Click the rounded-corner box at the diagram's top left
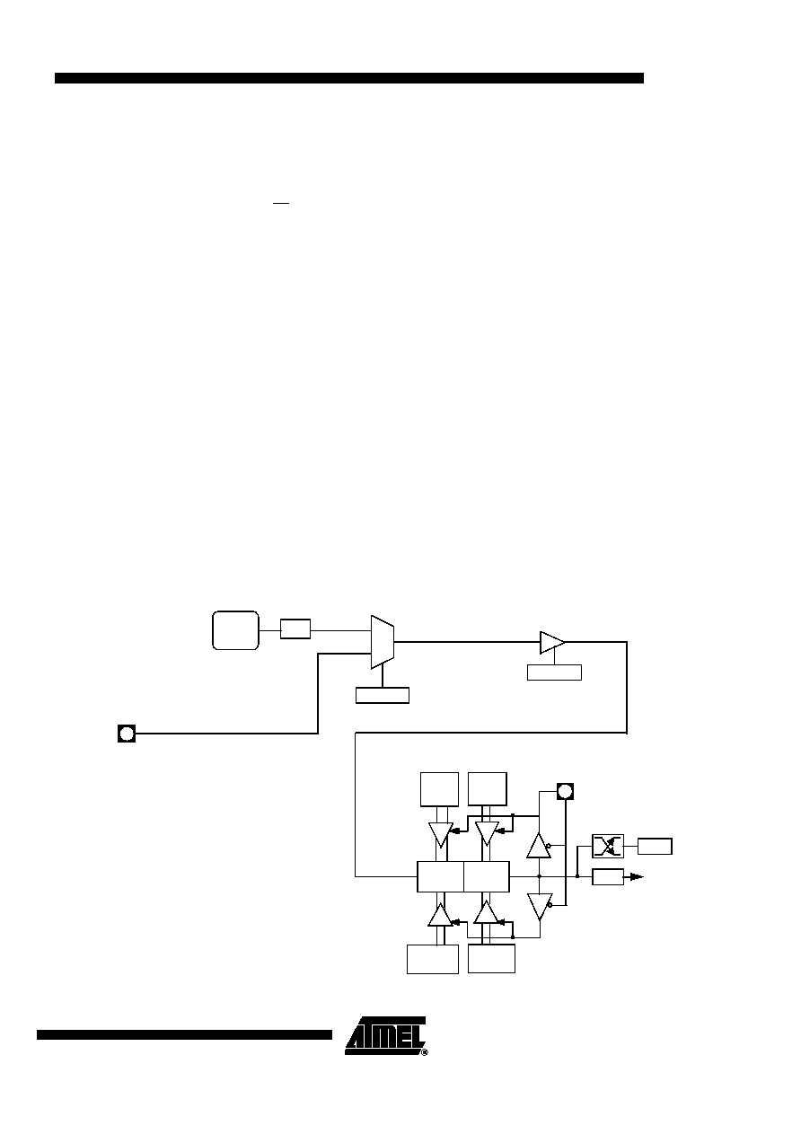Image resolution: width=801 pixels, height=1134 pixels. click(x=235, y=630)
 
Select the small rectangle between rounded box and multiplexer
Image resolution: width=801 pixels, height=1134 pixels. click(x=295, y=629)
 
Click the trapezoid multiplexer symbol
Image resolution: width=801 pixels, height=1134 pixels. click(x=383, y=642)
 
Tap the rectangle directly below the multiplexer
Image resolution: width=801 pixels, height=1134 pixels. click(x=383, y=696)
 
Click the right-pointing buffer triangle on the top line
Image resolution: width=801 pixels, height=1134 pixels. click(x=552, y=643)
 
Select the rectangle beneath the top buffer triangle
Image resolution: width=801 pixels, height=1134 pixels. click(x=554, y=672)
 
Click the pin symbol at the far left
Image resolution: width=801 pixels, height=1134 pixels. click(x=127, y=734)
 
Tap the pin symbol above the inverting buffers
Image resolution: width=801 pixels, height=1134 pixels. click(x=565, y=791)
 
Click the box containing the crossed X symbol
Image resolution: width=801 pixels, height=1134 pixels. click(x=608, y=847)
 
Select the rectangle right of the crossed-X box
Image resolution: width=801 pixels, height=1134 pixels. click(x=655, y=847)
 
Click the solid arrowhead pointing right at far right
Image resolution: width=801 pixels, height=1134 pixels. click(x=637, y=876)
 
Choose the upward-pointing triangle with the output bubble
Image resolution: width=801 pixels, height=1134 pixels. click(x=539, y=846)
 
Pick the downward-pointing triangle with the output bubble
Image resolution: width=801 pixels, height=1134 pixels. click(x=540, y=906)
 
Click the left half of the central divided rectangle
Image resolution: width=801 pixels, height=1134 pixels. click(x=441, y=877)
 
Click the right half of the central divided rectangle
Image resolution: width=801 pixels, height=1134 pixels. click(x=487, y=877)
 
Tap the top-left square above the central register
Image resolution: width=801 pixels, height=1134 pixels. click(x=439, y=789)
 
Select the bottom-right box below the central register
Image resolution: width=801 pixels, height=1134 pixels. click(x=491, y=958)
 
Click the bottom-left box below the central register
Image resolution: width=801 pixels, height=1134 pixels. click(x=433, y=959)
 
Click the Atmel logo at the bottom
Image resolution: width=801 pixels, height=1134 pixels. click(x=386, y=1036)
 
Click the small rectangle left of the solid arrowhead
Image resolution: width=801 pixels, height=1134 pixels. click(x=608, y=877)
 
